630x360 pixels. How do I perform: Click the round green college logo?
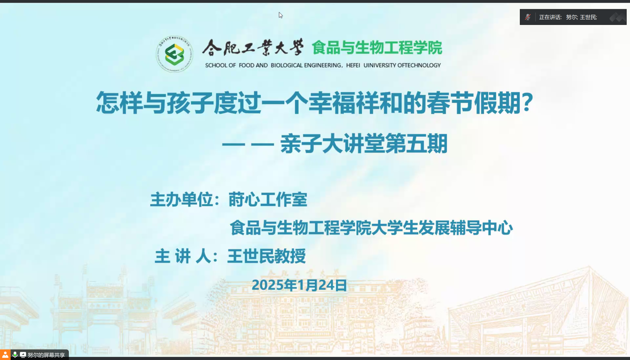[174, 54]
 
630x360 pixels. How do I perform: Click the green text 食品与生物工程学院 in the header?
[377, 48]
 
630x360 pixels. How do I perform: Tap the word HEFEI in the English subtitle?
[353, 65]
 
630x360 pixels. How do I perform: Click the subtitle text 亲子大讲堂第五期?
[364, 144]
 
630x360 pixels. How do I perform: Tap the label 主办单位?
[181, 200]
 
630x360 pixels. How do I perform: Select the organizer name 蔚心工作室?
[268, 200]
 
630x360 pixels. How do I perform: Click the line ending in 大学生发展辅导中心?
[371, 228]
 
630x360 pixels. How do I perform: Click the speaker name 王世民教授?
[266, 256]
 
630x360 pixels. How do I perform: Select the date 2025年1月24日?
[299, 285]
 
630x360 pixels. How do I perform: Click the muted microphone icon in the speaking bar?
[528, 17]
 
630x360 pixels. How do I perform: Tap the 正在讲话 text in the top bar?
[550, 17]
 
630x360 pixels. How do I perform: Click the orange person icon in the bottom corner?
[5, 355]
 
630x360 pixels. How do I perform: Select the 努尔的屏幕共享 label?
[46, 355]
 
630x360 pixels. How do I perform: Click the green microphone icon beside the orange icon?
[15, 355]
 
